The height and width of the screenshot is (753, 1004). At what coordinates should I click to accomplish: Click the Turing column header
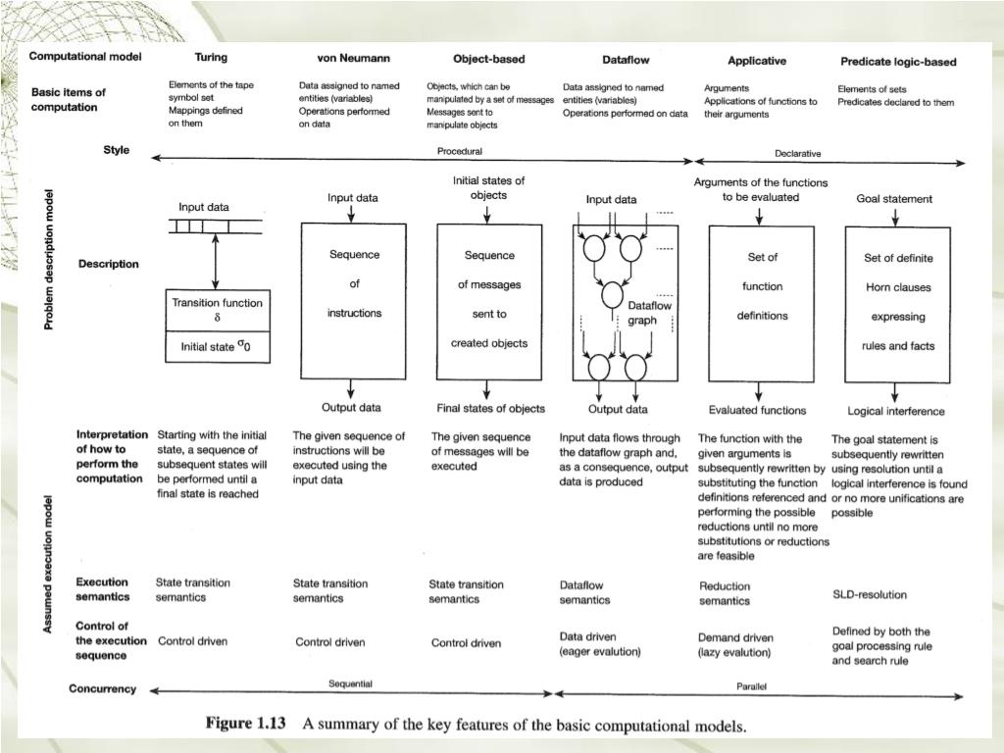pyautogui.click(x=211, y=58)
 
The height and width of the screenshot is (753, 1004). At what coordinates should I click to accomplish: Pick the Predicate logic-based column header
pyautogui.click(x=898, y=62)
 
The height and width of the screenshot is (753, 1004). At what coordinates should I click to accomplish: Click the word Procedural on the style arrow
pyautogui.click(x=459, y=151)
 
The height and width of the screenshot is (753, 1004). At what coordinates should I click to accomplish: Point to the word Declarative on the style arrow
pyautogui.click(x=797, y=153)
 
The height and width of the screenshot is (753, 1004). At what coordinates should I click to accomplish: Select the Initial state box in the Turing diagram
pyautogui.click(x=217, y=346)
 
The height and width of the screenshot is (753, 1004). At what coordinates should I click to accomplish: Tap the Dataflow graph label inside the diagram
pyautogui.click(x=649, y=313)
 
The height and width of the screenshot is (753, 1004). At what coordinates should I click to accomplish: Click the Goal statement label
pyautogui.click(x=894, y=199)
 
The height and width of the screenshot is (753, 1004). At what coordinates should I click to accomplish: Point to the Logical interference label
pyautogui.click(x=896, y=411)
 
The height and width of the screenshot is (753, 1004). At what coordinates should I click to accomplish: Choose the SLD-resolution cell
pyautogui.click(x=870, y=594)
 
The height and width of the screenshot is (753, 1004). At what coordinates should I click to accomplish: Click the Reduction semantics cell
pyautogui.click(x=725, y=593)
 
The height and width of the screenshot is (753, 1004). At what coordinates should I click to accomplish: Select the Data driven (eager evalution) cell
pyautogui.click(x=600, y=643)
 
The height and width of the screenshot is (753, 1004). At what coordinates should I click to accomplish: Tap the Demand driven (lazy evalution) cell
pyautogui.click(x=734, y=644)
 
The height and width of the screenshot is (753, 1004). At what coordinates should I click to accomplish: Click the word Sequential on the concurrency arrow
pyautogui.click(x=349, y=683)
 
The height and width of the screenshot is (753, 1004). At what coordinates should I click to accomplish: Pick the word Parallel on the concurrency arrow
pyautogui.click(x=751, y=686)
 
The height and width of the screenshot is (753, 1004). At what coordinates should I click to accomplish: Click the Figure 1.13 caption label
pyautogui.click(x=245, y=725)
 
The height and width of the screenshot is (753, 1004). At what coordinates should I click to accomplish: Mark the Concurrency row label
pyautogui.click(x=102, y=688)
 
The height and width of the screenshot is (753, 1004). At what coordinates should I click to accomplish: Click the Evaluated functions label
pyautogui.click(x=758, y=410)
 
